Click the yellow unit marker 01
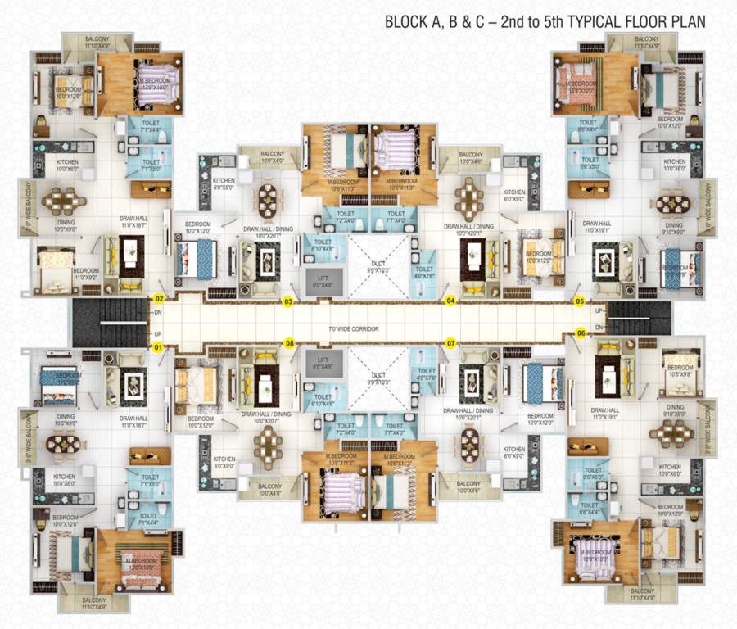pyautogui.click(x=159, y=346)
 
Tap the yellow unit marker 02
pyautogui.click(x=160, y=300)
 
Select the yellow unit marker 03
pyautogui.click(x=288, y=301)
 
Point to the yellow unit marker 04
pyautogui.click(x=450, y=301)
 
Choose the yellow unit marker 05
pyautogui.click(x=580, y=301)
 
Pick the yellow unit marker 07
pyautogui.click(x=450, y=342)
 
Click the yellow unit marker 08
pyautogui.click(x=289, y=342)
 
